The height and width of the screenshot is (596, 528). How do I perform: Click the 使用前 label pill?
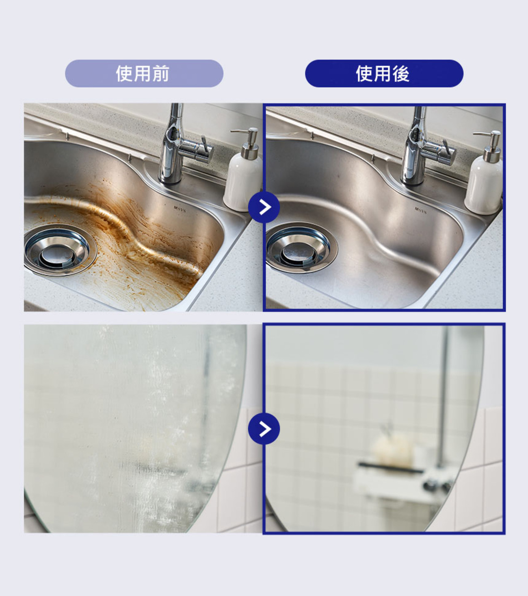(144, 74)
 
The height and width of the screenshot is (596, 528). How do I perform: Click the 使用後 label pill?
(384, 74)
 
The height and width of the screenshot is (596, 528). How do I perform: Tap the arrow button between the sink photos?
(264, 207)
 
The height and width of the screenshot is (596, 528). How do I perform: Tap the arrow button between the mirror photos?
(264, 429)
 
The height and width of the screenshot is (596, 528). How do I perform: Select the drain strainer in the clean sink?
(301, 248)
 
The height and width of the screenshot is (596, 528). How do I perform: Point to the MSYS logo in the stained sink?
(180, 209)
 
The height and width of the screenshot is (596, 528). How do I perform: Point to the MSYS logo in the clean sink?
(420, 210)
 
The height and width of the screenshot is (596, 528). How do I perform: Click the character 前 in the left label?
(161, 74)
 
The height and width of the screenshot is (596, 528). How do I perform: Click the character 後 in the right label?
(401, 74)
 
